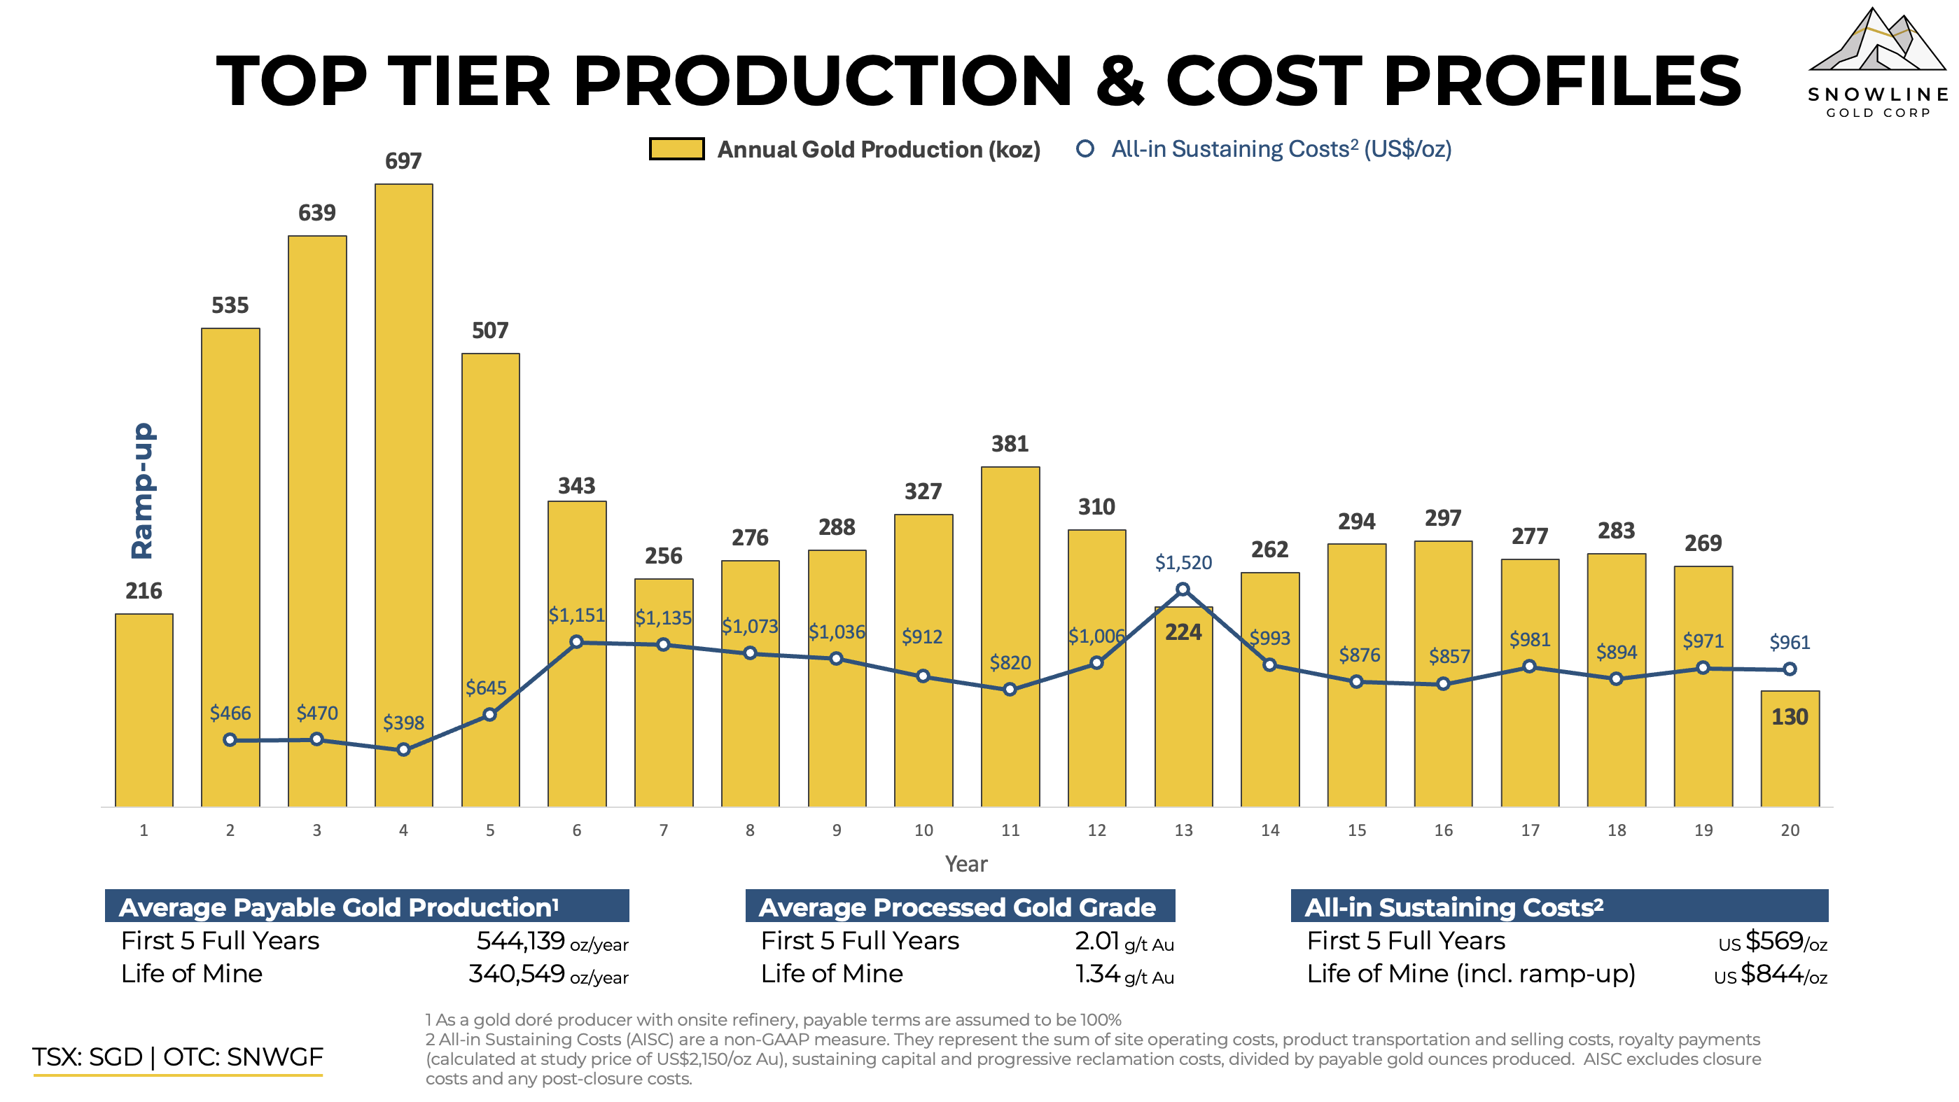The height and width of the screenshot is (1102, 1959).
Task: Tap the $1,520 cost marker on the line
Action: click(x=1183, y=590)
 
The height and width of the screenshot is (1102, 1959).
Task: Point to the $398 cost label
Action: click(x=403, y=723)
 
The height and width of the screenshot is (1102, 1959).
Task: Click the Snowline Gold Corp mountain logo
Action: click(x=1877, y=46)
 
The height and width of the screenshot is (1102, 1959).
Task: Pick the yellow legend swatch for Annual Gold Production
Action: click(x=676, y=149)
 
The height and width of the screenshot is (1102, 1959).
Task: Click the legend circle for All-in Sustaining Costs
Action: click(x=1085, y=149)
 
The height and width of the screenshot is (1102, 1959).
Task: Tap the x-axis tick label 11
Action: click(x=1010, y=830)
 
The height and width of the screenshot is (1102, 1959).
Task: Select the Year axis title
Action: click(x=965, y=864)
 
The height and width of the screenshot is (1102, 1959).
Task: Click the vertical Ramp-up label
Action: click(x=142, y=491)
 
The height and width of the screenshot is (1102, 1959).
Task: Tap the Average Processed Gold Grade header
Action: click(x=958, y=907)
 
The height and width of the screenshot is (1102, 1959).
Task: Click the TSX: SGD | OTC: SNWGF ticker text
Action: click(x=177, y=1057)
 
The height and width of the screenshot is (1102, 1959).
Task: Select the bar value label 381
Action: click(x=1010, y=444)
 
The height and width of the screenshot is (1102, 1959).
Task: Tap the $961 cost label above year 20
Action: click(x=1790, y=643)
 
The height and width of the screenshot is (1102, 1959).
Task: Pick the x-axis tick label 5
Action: click(x=490, y=830)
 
